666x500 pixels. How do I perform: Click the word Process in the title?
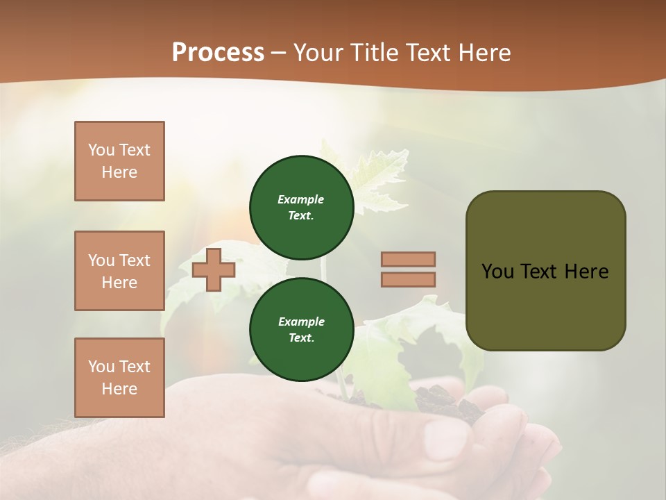coord(218,53)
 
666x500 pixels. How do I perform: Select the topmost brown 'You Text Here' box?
coord(119,161)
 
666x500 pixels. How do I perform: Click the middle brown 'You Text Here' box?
coord(119,271)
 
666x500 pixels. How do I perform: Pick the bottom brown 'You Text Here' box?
coord(119,378)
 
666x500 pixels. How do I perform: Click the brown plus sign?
coord(214,269)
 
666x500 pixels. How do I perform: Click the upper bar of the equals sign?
coord(409,259)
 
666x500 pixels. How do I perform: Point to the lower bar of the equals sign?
coord(409,280)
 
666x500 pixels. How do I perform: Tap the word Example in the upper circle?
coord(301,199)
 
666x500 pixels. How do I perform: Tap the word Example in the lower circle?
coord(301,322)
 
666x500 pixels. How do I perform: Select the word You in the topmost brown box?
coord(101,150)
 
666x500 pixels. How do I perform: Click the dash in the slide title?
coord(279,53)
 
